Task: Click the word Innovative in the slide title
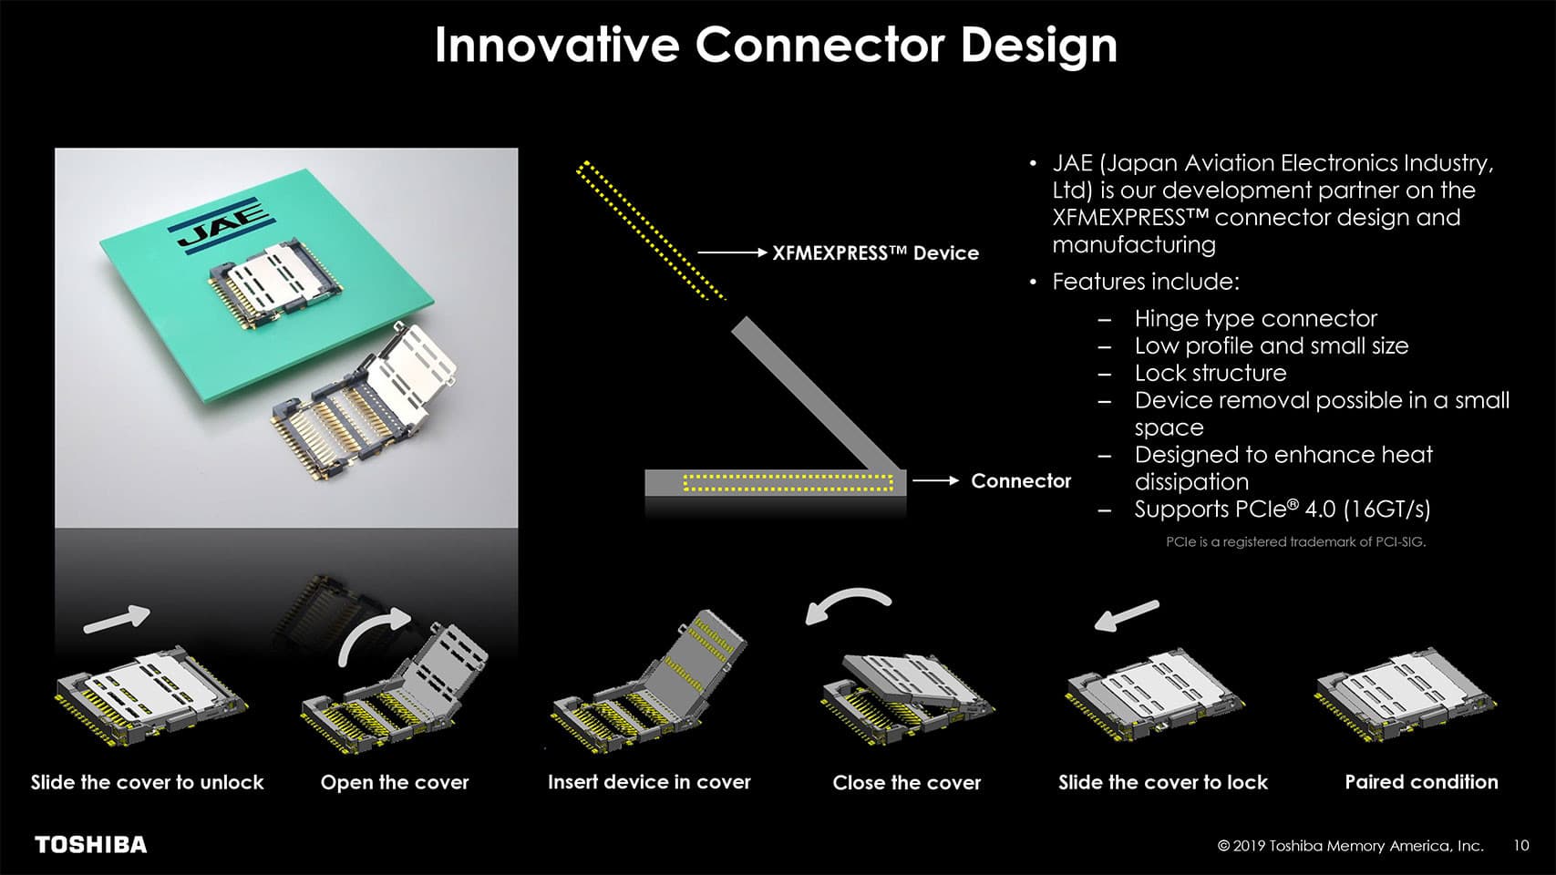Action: coord(556,45)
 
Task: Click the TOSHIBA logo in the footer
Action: coord(91,844)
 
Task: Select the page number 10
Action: coord(1521,845)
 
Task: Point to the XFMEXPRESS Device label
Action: coord(876,252)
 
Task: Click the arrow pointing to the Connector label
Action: coord(935,480)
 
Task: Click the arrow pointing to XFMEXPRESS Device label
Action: coord(732,252)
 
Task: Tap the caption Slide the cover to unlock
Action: coord(148,783)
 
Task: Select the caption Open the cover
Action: coord(395,783)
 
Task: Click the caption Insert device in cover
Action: coord(650,783)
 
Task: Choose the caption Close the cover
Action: coord(906,783)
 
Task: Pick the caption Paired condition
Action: coord(1421,783)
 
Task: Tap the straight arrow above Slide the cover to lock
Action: coord(1127,615)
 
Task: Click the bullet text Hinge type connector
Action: coord(1255,319)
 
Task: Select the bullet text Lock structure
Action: coord(1210,373)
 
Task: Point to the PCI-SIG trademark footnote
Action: coord(1295,541)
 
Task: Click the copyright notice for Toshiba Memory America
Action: coord(1350,846)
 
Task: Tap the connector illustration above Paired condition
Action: coord(1407,695)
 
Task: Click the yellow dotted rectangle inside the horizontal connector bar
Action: coord(788,483)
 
